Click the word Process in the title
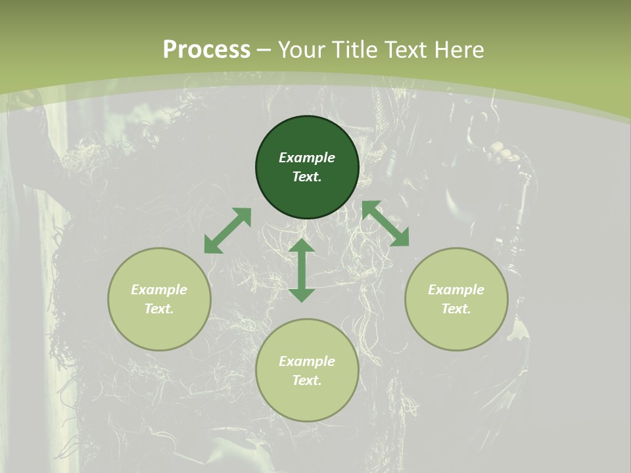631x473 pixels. coord(206,50)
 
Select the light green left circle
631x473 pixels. coord(159,328)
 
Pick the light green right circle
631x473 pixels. coord(456,328)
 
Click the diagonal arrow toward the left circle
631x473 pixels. coord(227,231)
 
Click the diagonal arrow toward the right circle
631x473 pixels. coord(385,223)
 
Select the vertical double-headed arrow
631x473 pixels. coord(302,270)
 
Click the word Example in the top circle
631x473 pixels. coord(307,158)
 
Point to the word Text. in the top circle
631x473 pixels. coord(307,177)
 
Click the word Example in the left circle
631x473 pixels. coord(159,290)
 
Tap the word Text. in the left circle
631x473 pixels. coord(159,309)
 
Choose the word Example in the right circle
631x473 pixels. coord(456,290)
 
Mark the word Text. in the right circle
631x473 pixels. coord(456,309)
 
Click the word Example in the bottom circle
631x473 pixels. coord(307,361)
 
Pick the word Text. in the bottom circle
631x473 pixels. coord(307,380)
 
